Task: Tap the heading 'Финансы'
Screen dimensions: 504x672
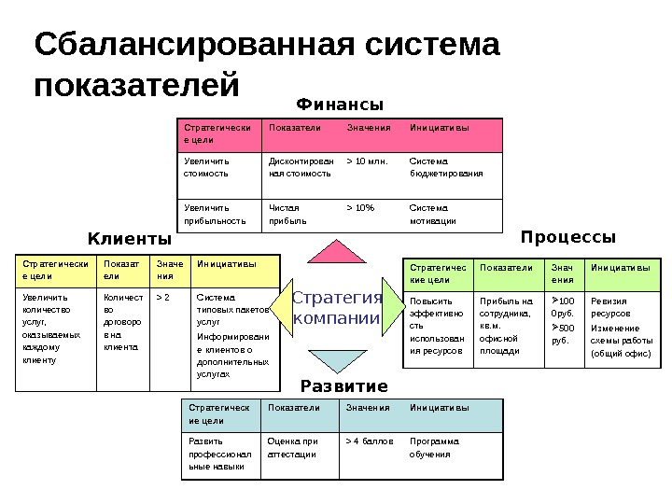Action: click(x=340, y=104)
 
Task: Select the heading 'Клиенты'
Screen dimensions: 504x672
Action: click(x=130, y=238)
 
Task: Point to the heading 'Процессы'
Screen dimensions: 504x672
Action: click(x=568, y=237)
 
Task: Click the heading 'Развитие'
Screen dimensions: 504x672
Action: click(x=343, y=385)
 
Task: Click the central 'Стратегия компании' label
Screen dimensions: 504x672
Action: click(x=337, y=308)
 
